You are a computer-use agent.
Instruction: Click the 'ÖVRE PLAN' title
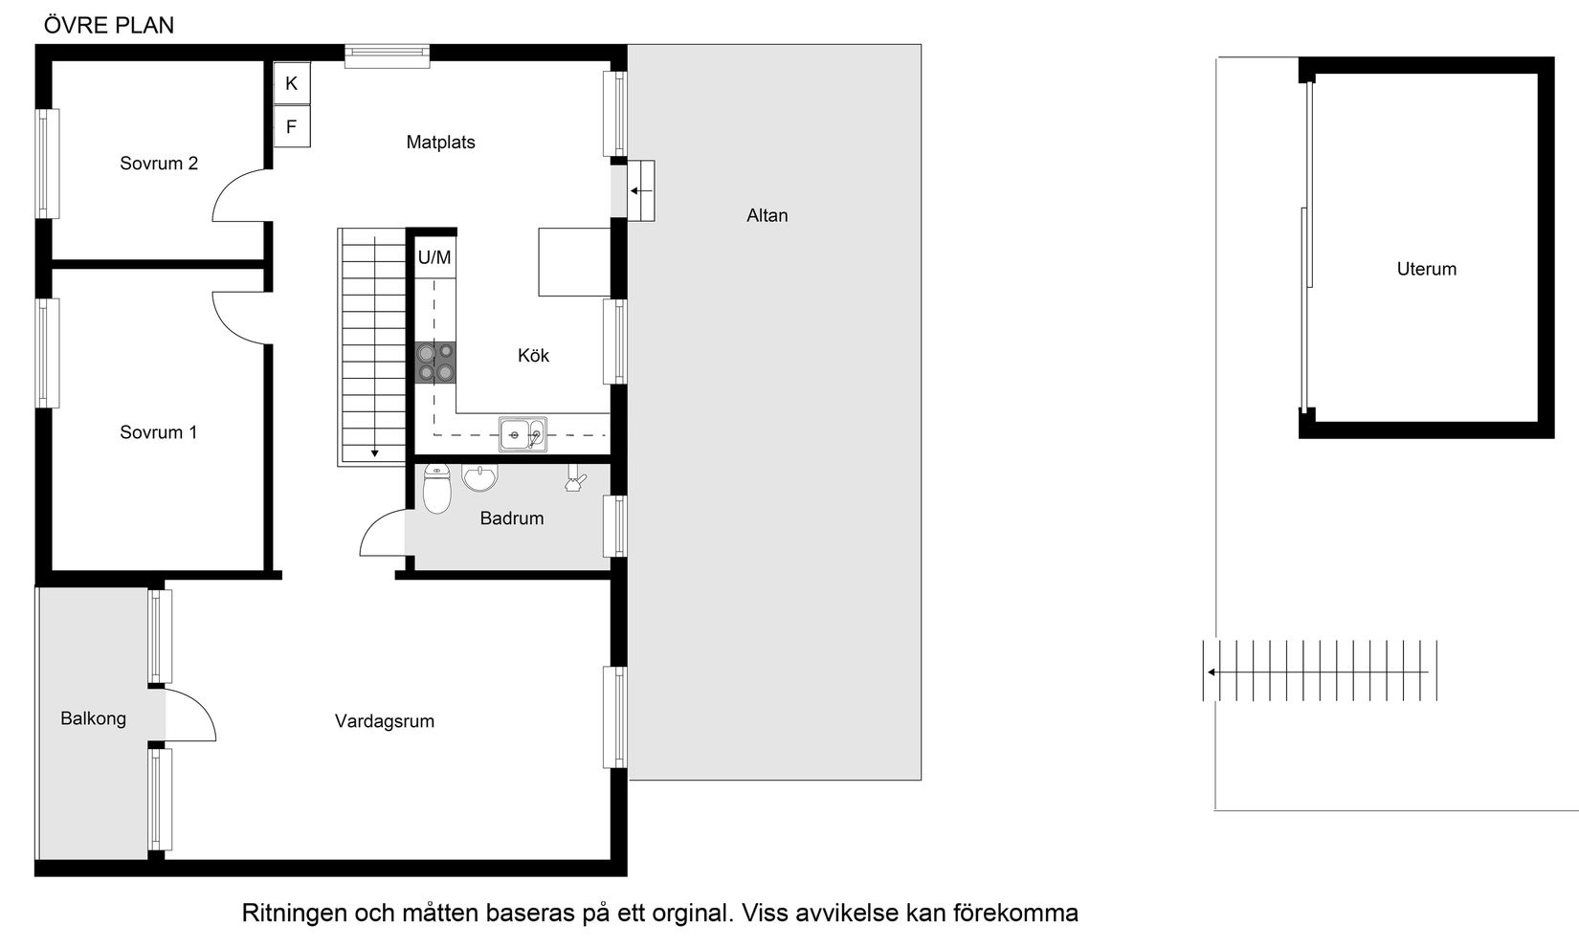(x=109, y=26)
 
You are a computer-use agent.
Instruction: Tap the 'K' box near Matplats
(x=292, y=83)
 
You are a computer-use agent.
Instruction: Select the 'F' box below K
(x=292, y=126)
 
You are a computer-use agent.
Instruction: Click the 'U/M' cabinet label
(x=434, y=257)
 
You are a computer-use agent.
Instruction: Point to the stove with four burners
(x=435, y=363)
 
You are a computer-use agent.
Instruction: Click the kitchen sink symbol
(x=523, y=434)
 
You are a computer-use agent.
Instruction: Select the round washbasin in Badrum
(x=479, y=476)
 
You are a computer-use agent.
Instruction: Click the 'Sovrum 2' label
(x=159, y=164)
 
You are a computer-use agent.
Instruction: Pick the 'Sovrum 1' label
(x=159, y=432)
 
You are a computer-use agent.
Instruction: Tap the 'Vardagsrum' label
(x=385, y=721)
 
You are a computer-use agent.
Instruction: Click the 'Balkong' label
(x=93, y=718)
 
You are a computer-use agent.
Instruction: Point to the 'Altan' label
(x=767, y=215)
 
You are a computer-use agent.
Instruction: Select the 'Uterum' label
(x=1426, y=269)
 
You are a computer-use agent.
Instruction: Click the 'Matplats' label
(x=440, y=143)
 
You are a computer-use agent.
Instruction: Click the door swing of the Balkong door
(x=197, y=713)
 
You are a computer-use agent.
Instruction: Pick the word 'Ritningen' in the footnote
(x=294, y=914)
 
